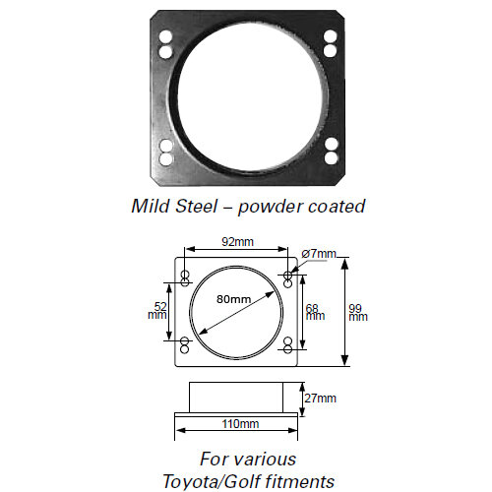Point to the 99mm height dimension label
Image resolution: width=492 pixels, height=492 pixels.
pyautogui.click(x=358, y=312)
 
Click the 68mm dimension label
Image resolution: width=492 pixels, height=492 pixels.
pyautogui.click(x=312, y=312)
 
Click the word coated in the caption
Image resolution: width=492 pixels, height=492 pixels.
pyautogui.click(x=336, y=207)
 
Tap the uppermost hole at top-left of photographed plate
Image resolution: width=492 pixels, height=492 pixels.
pyautogui.click(x=165, y=36)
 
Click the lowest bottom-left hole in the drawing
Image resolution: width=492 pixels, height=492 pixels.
pyautogui.click(x=183, y=348)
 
